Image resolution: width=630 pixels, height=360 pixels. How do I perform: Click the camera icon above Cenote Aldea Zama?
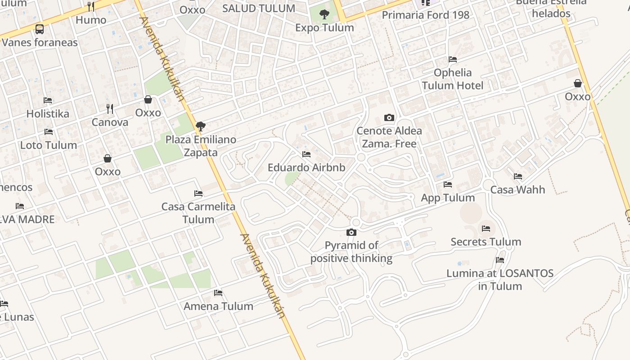pyautogui.click(x=389, y=118)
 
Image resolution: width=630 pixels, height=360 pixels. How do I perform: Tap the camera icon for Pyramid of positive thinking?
pyautogui.click(x=351, y=233)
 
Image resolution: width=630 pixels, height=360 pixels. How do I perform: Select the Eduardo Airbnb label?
pyautogui.click(x=306, y=168)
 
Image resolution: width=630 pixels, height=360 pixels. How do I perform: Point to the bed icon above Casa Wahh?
pyautogui.click(x=518, y=176)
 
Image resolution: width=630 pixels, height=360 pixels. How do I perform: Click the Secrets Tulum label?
pyautogui.click(x=486, y=242)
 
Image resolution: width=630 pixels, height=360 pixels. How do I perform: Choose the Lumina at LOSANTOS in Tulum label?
pyautogui.click(x=500, y=279)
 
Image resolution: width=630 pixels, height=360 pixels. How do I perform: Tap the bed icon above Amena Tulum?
pyautogui.click(x=218, y=293)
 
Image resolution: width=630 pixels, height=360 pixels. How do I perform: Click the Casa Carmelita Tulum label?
pyautogui.click(x=198, y=213)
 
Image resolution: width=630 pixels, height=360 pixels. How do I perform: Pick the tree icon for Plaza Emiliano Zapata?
pyautogui.click(x=201, y=126)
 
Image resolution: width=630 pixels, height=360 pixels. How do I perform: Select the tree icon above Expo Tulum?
pyautogui.click(x=324, y=15)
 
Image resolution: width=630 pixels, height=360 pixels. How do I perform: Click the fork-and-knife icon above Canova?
pyautogui.click(x=110, y=108)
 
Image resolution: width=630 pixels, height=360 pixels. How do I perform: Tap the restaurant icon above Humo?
pyautogui.click(x=91, y=6)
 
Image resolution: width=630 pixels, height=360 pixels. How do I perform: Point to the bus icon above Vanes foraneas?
pyautogui.click(x=40, y=29)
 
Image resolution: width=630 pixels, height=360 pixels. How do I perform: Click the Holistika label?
pyautogui.click(x=48, y=113)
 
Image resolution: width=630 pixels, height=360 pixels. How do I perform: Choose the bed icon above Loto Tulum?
pyautogui.click(x=49, y=132)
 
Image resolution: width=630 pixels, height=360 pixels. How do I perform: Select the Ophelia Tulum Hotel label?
pyautogui.click(x=452, y=79)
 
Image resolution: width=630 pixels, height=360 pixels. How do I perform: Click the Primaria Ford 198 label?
pyautogui.click(x=425, y=15)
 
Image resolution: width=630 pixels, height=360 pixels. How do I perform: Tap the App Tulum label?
pyautogui.click(x=448, y=198)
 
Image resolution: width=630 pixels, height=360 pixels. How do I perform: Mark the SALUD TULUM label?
pyautogui.click(x=259, y=9)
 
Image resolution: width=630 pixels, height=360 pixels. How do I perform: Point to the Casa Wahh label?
pyautogui.click(x=517, y=189)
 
